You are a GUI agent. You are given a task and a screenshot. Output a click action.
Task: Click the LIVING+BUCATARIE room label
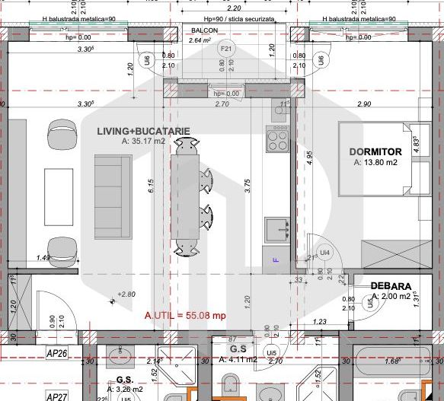[x=143, y=131]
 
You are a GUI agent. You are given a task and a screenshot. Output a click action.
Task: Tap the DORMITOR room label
[x=375, y=151]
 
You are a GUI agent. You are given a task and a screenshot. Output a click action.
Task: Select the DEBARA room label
[x=391, y=286]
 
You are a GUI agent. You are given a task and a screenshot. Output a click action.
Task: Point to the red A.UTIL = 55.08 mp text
[x=185, y=314]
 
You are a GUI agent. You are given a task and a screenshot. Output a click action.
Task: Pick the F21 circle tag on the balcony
[x=225, y=49]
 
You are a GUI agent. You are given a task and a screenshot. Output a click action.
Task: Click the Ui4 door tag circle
[x=325, y=252]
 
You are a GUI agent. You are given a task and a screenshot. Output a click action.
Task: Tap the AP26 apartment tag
[x=58, y=353]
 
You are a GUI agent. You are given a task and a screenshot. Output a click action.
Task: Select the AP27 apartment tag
[x=58, y=396]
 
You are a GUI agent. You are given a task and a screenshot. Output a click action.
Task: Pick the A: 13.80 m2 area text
[x=375, y=162]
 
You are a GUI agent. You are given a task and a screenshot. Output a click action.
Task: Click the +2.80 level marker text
[x=125, y=294]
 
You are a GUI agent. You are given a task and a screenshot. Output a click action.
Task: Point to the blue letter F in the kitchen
[x=276, y=260]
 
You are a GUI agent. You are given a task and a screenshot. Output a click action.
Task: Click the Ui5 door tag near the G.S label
[x=271, y=353]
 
